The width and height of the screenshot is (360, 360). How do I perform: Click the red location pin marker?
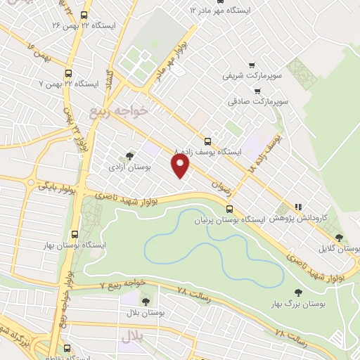point(181,167)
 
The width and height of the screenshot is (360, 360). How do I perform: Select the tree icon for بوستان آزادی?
point(129,156)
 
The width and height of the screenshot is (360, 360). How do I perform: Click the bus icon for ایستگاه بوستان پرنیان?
point(230,209)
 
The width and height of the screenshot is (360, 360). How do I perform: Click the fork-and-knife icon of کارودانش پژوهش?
point(298,207)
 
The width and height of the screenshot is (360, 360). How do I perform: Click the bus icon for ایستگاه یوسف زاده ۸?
point(207,141)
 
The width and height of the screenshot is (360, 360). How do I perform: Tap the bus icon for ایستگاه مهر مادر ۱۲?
point(193,11)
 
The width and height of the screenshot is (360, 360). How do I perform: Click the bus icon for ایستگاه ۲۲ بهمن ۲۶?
point(84,15)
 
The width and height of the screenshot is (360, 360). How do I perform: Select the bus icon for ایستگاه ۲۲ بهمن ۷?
point(69,73)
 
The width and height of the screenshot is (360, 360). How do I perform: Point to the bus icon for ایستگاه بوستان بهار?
point(75,235)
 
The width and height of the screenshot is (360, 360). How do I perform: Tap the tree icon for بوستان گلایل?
point(340,238)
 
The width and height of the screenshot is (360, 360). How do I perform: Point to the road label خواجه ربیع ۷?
point(122,284)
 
